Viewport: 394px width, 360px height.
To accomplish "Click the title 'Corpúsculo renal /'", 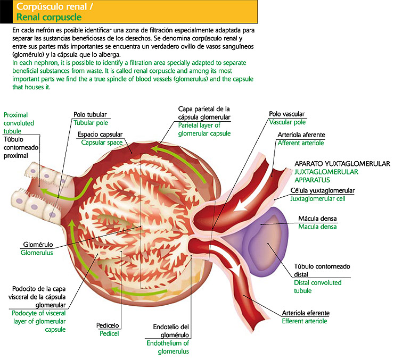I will click(x=50, y=7).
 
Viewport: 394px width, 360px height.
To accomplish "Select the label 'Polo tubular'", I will click(x=90, y=114).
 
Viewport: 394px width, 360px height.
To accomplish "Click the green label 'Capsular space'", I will click(x=102, y=143).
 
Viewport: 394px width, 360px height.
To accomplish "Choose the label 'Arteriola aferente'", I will click(x=301, y=135).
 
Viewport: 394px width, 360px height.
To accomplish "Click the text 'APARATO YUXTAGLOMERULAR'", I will click(x=342, y=164).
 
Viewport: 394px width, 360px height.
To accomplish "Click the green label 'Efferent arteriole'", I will click(x=305, y=321).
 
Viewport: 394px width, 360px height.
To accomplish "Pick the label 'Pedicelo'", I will click(x=108, y=325).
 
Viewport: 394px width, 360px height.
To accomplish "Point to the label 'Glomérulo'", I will click(x=37, y=245).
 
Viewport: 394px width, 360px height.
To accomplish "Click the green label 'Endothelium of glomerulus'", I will click(x=168, y=347).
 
